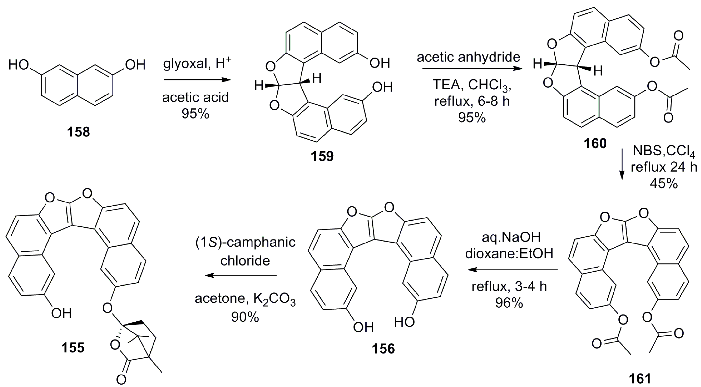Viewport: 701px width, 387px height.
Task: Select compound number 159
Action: tap(322, 156)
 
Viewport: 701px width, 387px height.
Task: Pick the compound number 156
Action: tap(383, 349)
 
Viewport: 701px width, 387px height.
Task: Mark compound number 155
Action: tap(73, 348)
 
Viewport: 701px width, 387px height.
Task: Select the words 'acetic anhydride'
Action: tap(468, 57)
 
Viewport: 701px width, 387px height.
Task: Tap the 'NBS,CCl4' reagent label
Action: tap(664, 151)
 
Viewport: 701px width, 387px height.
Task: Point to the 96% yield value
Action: tap(509, 303)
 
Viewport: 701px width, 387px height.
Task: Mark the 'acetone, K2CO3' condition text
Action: tap(245, 299)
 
